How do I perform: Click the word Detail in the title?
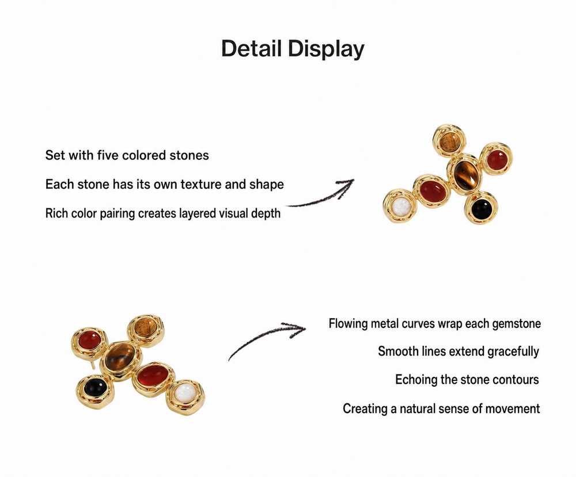(x=252, y=48)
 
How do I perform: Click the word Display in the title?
(x=326, y=49)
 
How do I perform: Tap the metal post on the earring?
(x=93, y=364)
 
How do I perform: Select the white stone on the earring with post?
(x=185, y=393)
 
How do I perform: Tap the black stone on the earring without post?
(x=482, y=208)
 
